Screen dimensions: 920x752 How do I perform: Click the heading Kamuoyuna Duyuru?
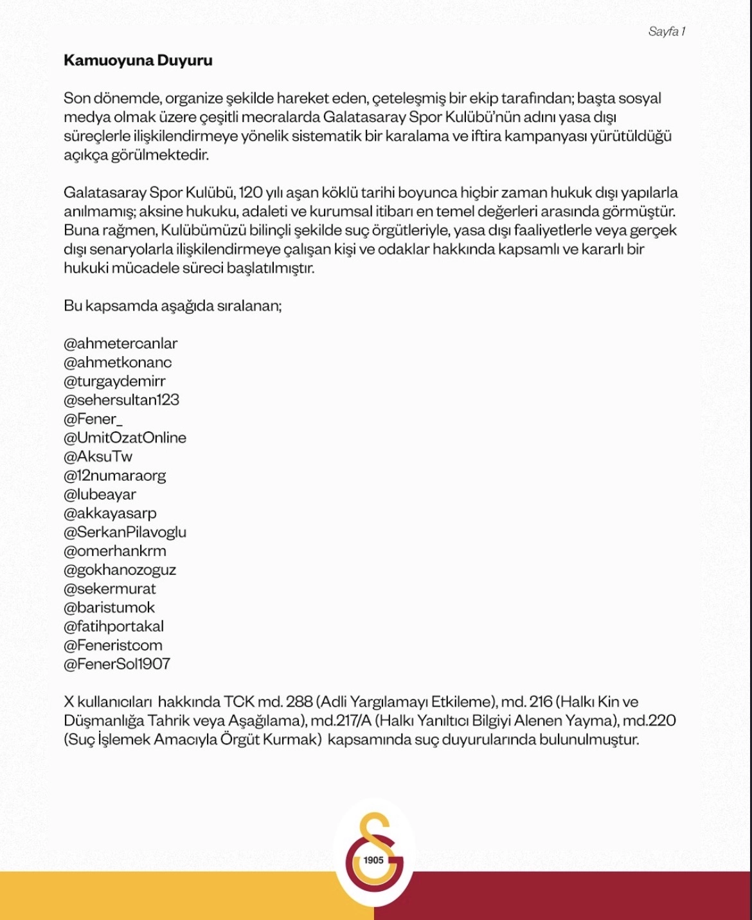(x=138, y=61)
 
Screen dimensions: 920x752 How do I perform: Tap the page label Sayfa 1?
(x=667, y=32)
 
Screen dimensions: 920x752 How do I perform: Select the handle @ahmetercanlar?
(x=120, y=343)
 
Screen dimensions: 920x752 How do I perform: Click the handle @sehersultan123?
(x=121, y=400)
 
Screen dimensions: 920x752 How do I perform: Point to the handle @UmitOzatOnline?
(x=125, y=438)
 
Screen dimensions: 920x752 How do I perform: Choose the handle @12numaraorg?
(x=114, y=476)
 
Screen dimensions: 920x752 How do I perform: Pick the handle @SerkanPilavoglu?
(x=125, y=532)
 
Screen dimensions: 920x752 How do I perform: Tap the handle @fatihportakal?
(x=114, y=626)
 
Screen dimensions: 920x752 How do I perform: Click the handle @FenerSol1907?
(x=116, y=664)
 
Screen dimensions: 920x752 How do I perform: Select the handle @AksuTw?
(x=98, y=457)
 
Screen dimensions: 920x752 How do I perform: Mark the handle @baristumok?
(x=109, y=608)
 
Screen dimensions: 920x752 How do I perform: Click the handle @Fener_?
(x=93, y=419)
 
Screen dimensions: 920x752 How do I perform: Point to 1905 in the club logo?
(x=373, y=860)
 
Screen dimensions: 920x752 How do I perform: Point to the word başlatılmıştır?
(x=270, y=268)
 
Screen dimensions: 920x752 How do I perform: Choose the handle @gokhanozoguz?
(x=120, y=570)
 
